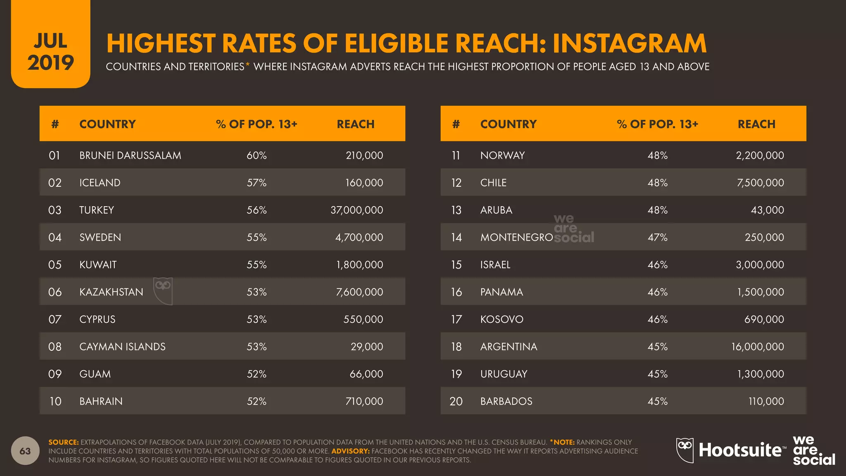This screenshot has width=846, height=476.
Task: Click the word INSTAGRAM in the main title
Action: click(629, 44)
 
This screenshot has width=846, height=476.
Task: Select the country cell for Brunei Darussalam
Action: click(130, 155)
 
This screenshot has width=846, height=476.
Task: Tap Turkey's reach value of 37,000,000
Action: click(356, 210)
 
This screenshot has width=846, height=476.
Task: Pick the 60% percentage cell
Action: click(257, 155)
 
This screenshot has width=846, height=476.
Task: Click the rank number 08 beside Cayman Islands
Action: click(55, 347)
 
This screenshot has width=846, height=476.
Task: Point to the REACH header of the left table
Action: click(355, 124)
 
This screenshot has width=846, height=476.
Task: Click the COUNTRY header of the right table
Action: click(508, 124)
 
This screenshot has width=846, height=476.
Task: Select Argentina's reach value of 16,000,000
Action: click(757, 347)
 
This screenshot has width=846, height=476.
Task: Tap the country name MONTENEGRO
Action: click(516, 238)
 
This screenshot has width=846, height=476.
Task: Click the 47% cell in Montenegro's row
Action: click(657, 238)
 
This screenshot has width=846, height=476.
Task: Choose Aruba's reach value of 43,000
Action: click(767, 210)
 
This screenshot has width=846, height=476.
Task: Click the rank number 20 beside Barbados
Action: click(456, 401)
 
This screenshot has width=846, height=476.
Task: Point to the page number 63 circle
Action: click(25, 451)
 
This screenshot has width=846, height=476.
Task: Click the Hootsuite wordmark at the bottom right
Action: click(740, 450)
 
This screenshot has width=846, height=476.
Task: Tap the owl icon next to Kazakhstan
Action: click(163, 290)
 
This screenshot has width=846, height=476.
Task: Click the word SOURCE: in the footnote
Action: click(63, 442)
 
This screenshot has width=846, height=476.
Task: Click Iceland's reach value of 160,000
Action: click(364, 183)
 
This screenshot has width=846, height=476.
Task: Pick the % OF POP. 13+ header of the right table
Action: click(657, 124)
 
